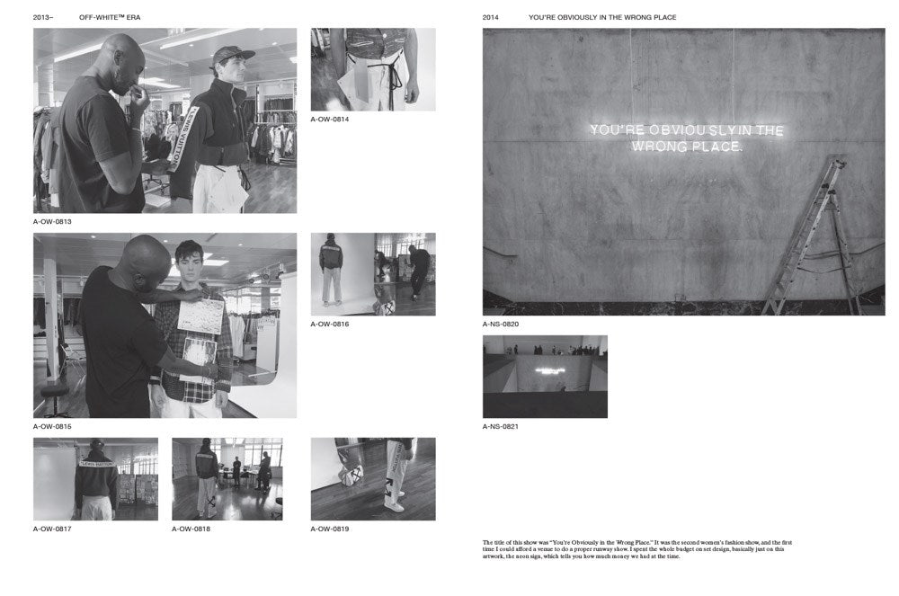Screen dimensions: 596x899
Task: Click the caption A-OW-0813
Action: point(52,221)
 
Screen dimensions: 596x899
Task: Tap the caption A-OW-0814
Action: point(330,119)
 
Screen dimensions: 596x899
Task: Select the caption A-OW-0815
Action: point(52,426)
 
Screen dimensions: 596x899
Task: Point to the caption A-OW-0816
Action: point(330,324)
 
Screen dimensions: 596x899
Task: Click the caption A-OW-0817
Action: point(52,529)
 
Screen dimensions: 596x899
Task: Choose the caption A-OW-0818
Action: point(191,529)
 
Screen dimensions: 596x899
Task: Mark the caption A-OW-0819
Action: point(330,529)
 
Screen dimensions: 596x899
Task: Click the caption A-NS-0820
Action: point(501,324)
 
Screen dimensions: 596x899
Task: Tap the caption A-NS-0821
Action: point(501,426)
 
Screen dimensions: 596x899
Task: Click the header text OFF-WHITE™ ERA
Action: point(110,17)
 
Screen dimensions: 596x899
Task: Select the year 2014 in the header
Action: point(491,17)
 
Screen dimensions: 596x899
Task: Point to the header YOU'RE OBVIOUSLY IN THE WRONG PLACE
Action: point(602,17)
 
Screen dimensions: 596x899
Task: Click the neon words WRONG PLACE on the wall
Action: point(687,146)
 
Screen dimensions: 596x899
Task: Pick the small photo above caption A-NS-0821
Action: point(545,377)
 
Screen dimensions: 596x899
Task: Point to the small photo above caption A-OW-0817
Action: point(95,479)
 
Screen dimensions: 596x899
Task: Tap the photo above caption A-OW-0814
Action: point(373,69)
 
